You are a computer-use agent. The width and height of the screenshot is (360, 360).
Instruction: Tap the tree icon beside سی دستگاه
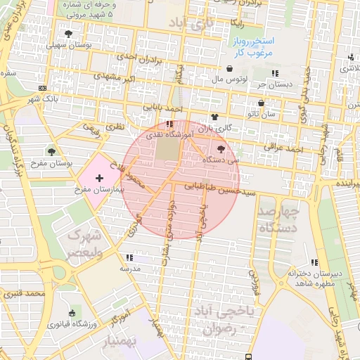pyautogui.click(x=222, y=149)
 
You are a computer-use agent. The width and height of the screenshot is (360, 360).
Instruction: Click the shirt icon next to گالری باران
pyautogui.click(x=214, y=117)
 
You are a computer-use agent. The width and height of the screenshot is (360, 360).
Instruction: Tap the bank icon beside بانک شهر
pyautogui.click(x=43, y=88)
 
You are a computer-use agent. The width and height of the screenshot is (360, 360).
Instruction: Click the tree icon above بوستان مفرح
pyautogui.click(x=51, y=150)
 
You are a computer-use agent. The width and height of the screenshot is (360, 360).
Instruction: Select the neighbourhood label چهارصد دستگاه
pyautogui.click(x=278, y=219)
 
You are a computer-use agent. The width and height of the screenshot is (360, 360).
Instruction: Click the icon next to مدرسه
pyautogui.click(x=127, y=257)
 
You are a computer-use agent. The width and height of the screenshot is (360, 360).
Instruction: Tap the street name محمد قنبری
pyautogui.click(x=22, y=292)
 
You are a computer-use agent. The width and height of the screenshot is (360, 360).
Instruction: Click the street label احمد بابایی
pyautogui.click(x=163, y=109)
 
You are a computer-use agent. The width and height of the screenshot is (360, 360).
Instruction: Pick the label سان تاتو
pyautogui.click(x=271, y=112)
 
